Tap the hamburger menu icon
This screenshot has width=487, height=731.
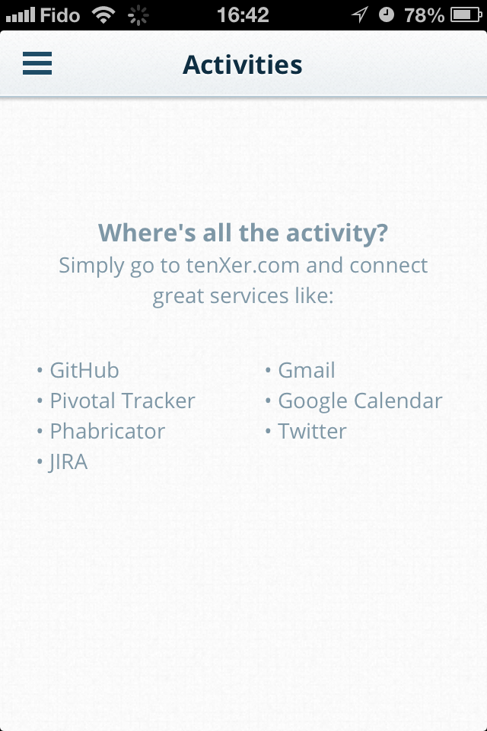37,63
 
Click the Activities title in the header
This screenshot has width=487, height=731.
242,64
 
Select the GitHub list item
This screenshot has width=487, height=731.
84,371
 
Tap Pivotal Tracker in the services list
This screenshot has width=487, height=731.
122,401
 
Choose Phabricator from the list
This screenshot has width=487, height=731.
107,431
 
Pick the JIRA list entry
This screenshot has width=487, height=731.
68,462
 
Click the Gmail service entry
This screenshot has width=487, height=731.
306,371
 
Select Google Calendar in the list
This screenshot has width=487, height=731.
360,401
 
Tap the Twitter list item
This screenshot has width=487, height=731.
312,431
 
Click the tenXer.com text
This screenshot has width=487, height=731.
243,265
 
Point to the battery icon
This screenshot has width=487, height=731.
466,15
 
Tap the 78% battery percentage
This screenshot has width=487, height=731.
424,15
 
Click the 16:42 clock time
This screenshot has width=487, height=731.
243,15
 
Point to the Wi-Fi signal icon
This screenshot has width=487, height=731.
103,14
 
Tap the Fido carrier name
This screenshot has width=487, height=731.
60,15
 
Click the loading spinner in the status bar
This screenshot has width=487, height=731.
138,15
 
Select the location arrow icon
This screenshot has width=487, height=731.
360,14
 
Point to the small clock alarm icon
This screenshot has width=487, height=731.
387,14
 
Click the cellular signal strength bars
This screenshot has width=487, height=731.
21,15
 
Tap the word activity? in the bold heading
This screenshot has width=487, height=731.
337,233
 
